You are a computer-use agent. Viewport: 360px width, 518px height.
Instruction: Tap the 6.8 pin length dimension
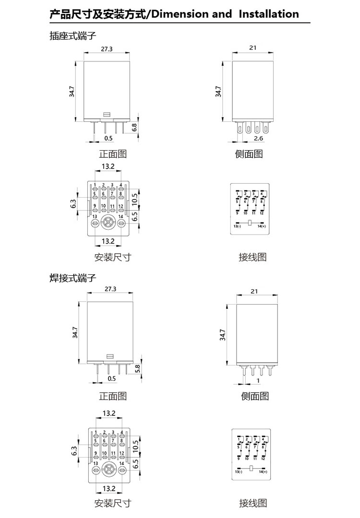click(134, 128)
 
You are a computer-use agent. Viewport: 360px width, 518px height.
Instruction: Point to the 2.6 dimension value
click(258, 138)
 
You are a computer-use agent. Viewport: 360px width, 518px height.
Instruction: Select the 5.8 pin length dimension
click(138, 369)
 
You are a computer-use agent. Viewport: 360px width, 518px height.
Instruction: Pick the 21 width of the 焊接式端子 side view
click(254, 291)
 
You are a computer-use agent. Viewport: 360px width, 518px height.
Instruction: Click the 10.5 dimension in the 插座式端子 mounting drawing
click(135, 198)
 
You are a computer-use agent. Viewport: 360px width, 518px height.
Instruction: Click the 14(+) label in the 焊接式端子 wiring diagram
click(262, 472)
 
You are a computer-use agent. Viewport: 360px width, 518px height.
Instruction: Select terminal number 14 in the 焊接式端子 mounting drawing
click(122, 463)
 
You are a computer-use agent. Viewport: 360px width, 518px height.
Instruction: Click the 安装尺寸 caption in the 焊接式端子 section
click(112, 503)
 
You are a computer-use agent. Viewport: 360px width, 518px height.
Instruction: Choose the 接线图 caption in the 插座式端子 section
click(252, 257)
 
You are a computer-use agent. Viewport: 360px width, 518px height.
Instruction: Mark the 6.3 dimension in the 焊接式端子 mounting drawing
click(74, 451)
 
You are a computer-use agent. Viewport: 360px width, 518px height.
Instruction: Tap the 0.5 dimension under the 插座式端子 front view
click(108, 138)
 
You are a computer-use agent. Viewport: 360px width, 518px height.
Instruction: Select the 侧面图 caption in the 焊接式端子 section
click(254, 396)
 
